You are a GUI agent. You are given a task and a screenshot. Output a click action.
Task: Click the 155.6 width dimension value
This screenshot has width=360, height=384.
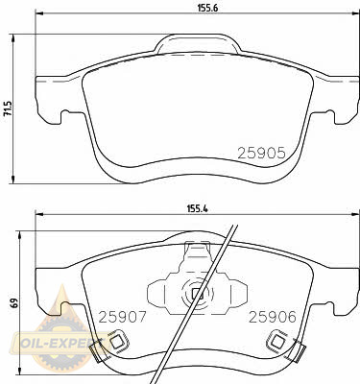207,8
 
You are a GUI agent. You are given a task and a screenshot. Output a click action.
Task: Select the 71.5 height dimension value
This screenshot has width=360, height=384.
8,108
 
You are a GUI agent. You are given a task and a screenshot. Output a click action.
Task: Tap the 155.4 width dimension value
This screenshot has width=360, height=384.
198,209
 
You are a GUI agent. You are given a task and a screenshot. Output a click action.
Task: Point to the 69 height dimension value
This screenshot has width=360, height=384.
13,303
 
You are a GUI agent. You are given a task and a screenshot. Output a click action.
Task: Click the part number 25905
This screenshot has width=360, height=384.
261,154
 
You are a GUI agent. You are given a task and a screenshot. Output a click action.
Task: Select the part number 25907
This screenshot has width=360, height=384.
122,317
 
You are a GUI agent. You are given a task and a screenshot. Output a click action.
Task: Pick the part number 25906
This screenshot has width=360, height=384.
273,317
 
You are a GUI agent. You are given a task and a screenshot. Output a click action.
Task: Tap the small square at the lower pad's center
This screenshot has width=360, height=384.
196,294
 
